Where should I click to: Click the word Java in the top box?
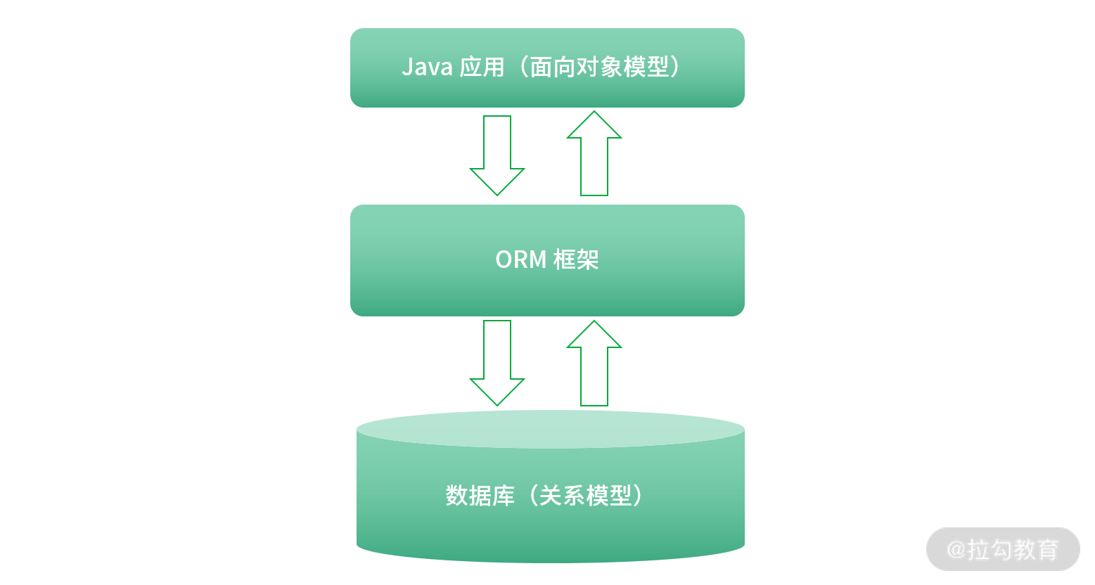pyautogui.click(x=427, y=67)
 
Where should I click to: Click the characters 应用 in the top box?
pyautogui.click(x=482, y=67)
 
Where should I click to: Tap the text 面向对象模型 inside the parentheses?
pyautogui.click(x=598, y=67)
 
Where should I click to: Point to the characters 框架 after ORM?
pyautogui.click(x=576, y=259)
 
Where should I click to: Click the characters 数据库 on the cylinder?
pyautogui.click(x=480, y=496)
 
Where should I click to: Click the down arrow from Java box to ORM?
pyautogui.click(x=497, y=155)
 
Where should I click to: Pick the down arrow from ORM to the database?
pyautogui.click(x=497, y=363)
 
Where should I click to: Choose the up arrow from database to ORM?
pyautogui.click(x=594, y=363)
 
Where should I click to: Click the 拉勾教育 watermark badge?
pyautogui.click(x=1004, y=549)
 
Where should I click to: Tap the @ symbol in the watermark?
pyautogui.click(x=956, y=549)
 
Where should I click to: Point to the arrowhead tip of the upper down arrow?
pyautogui.click(x=497, y=193)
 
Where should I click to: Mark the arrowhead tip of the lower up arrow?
pyautogui.click(x=594, y=323)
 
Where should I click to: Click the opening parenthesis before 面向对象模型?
pyautogui.click(x=521, y=67)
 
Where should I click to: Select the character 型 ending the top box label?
pyautogui.click(x=658, y=67)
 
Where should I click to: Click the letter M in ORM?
pyautogui.click(x=537, y=259)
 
